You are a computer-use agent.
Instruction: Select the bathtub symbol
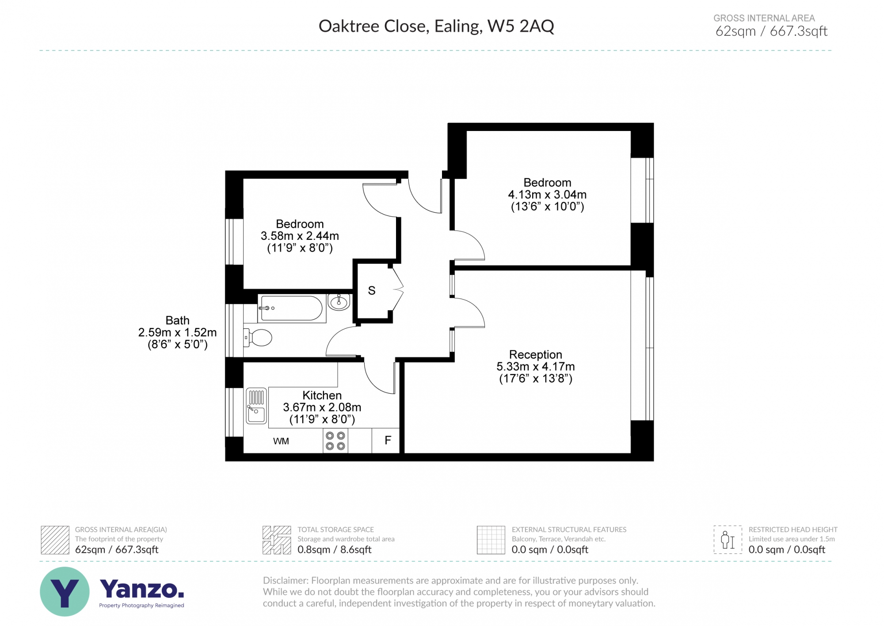[x=291, y=308]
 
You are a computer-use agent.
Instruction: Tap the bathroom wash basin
[x=339, y=303]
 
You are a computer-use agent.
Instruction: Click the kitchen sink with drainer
[x=256, y=406]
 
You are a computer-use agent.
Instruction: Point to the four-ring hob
[x=335, y=441]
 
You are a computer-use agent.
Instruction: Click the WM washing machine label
[x=281, y=441]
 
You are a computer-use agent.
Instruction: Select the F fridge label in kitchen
[x=388, y=440]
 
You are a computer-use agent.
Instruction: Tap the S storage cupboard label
[x=372, y=291]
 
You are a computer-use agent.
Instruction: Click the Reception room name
[x=535, y=354]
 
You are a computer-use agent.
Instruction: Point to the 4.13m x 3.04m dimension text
[x=547, y=195]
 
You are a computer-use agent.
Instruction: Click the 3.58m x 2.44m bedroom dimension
[x=300, y=236]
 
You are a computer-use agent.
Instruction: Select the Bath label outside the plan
[x=177, y=320]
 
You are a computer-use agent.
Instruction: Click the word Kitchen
[x=322, y=395]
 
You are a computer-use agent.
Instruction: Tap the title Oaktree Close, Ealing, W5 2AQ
[x=436, y=26]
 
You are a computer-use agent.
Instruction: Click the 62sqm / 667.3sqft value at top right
[x=771, y=31]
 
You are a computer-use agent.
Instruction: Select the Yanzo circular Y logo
[x=65, y=591]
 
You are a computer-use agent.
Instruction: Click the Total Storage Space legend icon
[x=277, y=540]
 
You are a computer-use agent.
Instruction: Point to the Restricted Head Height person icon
[x=728, y=540]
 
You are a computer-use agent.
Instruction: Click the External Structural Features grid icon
[x=491, y=540]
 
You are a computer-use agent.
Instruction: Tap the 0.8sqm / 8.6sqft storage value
[x=334, y=549]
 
